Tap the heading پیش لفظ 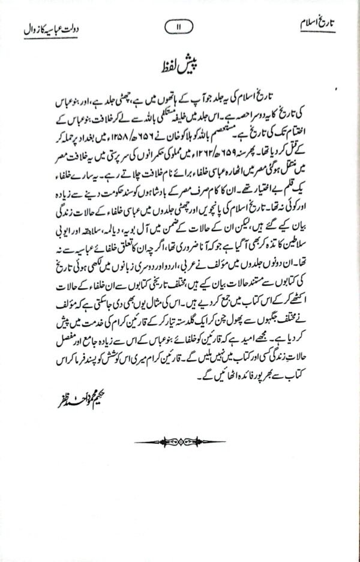pos(180,64)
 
